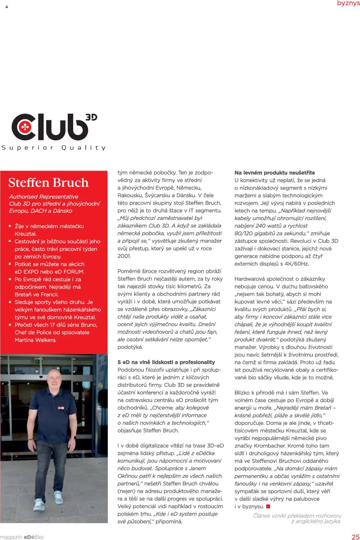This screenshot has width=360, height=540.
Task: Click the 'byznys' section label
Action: coord(348,3)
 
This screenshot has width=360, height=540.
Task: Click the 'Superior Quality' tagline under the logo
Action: coord(53,148)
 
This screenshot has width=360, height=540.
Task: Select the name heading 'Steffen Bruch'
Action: coord(48,183)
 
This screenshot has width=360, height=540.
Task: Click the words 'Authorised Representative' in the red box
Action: coord(44,197)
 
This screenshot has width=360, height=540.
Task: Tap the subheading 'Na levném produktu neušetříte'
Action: coord(274,173)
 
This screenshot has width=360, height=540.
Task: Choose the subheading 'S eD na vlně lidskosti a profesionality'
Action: coord(166,362)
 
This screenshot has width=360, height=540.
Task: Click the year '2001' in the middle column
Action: coord(124,256)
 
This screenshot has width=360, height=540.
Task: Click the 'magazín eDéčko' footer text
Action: coord(22,537)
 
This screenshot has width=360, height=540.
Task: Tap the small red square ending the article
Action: coord(268,507)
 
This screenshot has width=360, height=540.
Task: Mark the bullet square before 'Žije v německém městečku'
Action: coord(10,226)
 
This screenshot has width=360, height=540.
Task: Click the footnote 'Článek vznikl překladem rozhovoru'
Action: coord(297,516)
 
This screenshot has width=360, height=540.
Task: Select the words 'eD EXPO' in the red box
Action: coord(26,272)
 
